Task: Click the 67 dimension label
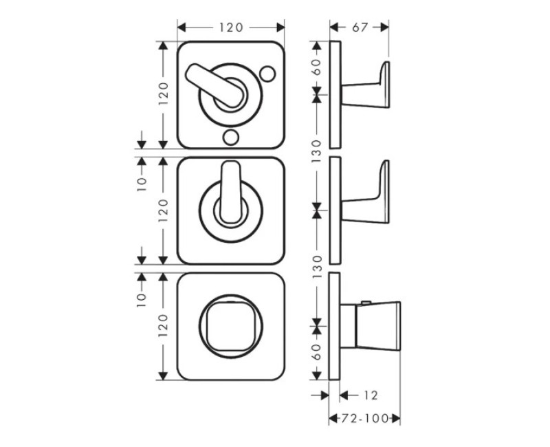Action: click(360, 28)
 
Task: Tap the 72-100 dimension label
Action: click(365, 418)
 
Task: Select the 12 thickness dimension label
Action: click(371, 395)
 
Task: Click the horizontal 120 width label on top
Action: click(231, 28)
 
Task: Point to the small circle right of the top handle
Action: click(267, 74)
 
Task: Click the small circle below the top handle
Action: click(231, 137)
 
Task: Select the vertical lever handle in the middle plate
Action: click(231, 192)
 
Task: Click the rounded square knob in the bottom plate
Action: click(230, 326)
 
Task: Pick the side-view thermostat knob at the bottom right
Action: click(371, 326)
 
